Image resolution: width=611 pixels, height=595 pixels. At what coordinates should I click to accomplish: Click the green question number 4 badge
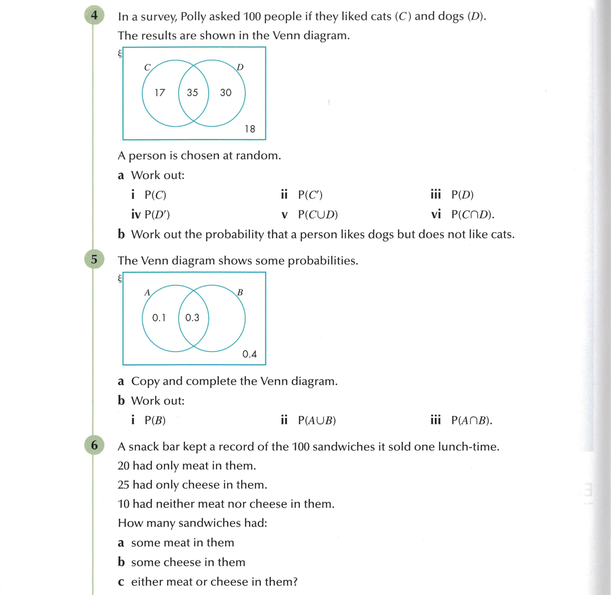click(x=94, y=16)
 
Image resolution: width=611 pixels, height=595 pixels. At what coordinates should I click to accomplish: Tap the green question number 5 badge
click(x=94, y=259)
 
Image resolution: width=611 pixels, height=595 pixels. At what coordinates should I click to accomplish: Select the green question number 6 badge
click(x=94, y=445)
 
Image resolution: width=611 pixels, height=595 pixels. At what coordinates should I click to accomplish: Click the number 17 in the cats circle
click(x=160, y=93)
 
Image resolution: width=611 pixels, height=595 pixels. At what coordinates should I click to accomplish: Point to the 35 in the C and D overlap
click(x=193, y=93)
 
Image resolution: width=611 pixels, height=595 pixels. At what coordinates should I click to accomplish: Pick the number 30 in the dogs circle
click(x=226, y=93)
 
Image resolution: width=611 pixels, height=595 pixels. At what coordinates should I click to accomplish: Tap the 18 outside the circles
click(x=250, y=129)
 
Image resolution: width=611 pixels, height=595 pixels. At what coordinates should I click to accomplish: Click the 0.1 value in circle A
click(x=159, y=318)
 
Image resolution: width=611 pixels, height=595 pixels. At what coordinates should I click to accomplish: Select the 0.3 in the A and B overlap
click(x=192, y=318)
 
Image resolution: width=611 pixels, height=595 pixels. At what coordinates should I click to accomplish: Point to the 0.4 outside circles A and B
click(x=249, y=354)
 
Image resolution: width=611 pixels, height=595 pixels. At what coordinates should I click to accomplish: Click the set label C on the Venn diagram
click(x=147, y=67)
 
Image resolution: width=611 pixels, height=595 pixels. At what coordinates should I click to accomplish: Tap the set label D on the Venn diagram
click(x=240, y=67)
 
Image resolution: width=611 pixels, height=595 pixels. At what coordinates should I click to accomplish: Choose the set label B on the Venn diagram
click(x=240, y=292)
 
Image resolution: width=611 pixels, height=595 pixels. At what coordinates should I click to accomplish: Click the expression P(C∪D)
click(x=318, y=214)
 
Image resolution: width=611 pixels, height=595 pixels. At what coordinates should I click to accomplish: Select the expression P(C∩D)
click(x=472, y=214)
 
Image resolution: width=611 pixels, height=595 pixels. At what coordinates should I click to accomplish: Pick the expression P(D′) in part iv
click(x=157, y=214)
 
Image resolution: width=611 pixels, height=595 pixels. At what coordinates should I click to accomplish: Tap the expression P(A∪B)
click(x=317, y=421)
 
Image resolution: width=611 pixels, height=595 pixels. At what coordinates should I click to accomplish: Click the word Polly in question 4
click(x=193, y=17)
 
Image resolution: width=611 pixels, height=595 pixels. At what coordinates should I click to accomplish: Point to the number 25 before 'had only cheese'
click(x=123, y=485)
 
